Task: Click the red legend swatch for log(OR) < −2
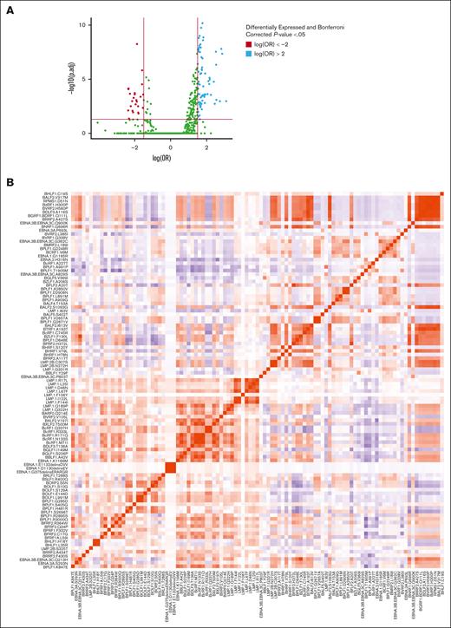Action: tap(248, 42)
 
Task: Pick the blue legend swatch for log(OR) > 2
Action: tap(248, 52)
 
